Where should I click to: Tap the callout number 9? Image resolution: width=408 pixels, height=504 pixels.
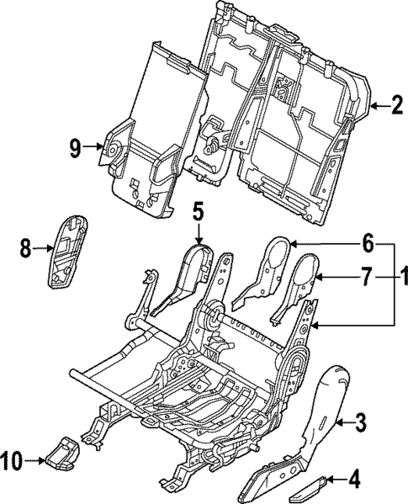click(75, 148)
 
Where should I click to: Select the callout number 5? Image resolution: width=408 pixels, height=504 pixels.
click(197, 209)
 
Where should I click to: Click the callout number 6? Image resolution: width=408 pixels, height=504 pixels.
click(367, 242)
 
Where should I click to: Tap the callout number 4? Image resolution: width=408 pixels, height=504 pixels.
click(354, 481)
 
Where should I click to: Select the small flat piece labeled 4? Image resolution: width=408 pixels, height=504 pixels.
click(307, 485)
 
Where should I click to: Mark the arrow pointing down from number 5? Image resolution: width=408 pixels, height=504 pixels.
click(197, 231)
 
